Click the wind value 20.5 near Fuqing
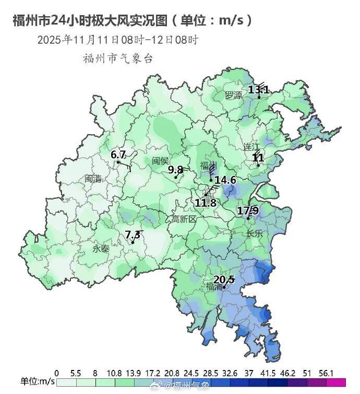[224, 280]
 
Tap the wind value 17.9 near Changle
[248, 211]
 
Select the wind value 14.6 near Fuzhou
[225, 180]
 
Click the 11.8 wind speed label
[206, 202]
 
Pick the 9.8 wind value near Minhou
[175, 170]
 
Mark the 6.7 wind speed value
[118, 154]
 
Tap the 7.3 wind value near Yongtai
[133, 235]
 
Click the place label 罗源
[233, 95]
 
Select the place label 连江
[251, 146]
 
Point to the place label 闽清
[93, 178]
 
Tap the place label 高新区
[184, 219]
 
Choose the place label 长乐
[255, 234]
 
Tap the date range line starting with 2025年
[117, 40]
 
